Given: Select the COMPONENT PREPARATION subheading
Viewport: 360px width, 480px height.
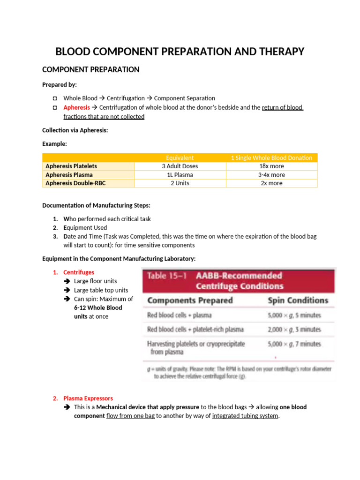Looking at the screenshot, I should pos(90,69).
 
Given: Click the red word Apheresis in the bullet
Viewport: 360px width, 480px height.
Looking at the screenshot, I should pos(76,107).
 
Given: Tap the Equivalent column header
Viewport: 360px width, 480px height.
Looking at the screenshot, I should pos(180,157).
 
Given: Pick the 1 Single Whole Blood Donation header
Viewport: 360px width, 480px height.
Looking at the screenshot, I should pos(271,157).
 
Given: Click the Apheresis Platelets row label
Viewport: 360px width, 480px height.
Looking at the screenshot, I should pos(71,166).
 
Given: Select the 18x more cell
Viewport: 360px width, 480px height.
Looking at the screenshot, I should pos(271,166).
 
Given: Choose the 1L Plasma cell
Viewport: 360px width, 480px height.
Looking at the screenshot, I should pos(180,174).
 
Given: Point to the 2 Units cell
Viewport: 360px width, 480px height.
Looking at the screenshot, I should pos(180,183).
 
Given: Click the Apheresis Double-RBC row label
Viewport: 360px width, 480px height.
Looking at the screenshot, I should pos(75,183).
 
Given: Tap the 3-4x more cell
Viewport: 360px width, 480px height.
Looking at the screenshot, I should pos(271,174).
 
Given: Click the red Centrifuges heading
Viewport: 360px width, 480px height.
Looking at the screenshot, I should pos(79,272).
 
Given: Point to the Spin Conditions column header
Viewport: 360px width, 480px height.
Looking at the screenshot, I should pos(298,300).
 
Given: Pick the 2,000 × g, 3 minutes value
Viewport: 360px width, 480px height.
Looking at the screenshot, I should pos(294,330).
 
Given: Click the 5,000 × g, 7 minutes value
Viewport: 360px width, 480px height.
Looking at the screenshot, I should pos(294,344).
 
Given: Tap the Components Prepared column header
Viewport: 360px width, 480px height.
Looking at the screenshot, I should pos(190,300).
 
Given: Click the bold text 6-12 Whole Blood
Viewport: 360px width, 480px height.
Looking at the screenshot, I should pos(98,307).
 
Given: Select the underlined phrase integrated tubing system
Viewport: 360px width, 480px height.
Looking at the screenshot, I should pos(245,415).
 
